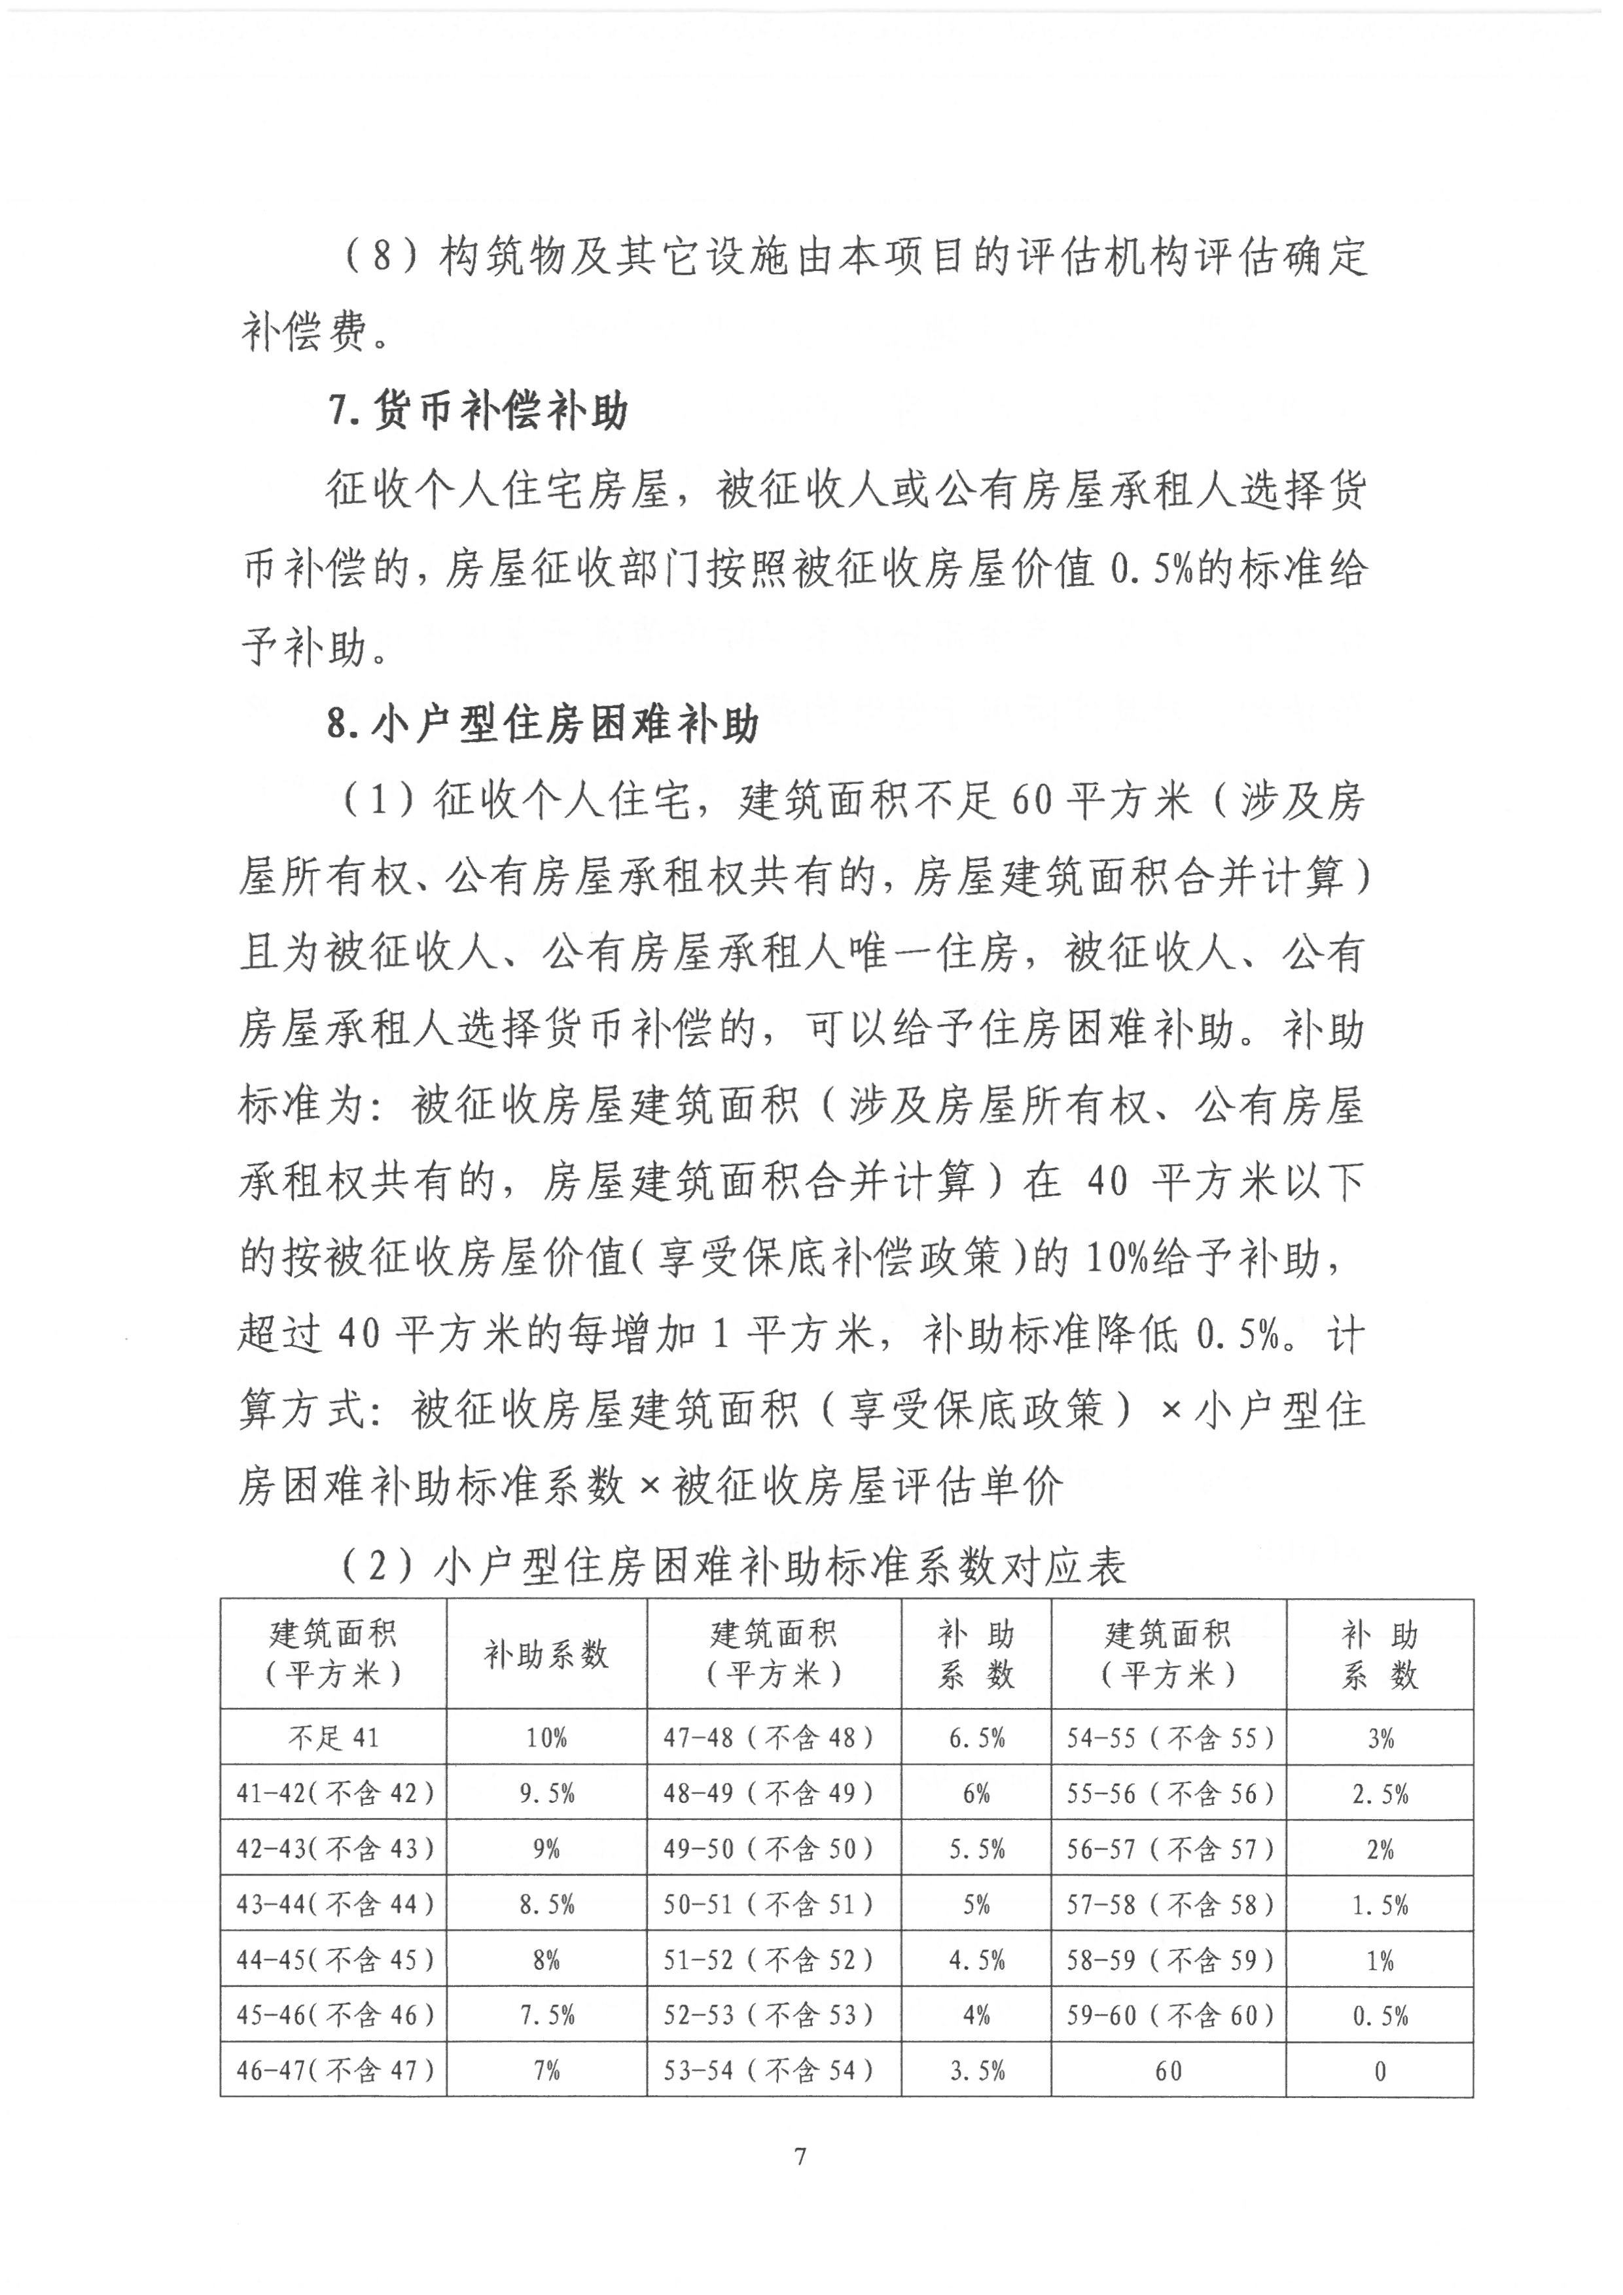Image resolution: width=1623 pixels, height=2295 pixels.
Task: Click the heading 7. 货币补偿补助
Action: [478, 412]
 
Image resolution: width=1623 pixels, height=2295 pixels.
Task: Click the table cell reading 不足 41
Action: [334, 1738]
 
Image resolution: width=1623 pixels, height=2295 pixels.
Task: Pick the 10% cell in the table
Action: [546, 1738]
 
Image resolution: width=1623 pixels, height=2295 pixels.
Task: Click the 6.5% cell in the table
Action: [976, 1738]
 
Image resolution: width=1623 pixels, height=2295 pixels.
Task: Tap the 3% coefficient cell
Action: [1380, 1738]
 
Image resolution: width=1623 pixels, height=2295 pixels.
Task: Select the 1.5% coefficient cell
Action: [1380, 1905]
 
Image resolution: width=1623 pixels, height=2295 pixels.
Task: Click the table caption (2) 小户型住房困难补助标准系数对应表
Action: [734, 1566]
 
